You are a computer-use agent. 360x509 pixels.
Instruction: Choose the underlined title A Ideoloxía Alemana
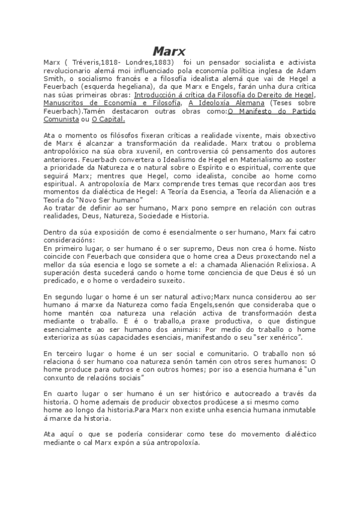[x=226, y=103]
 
